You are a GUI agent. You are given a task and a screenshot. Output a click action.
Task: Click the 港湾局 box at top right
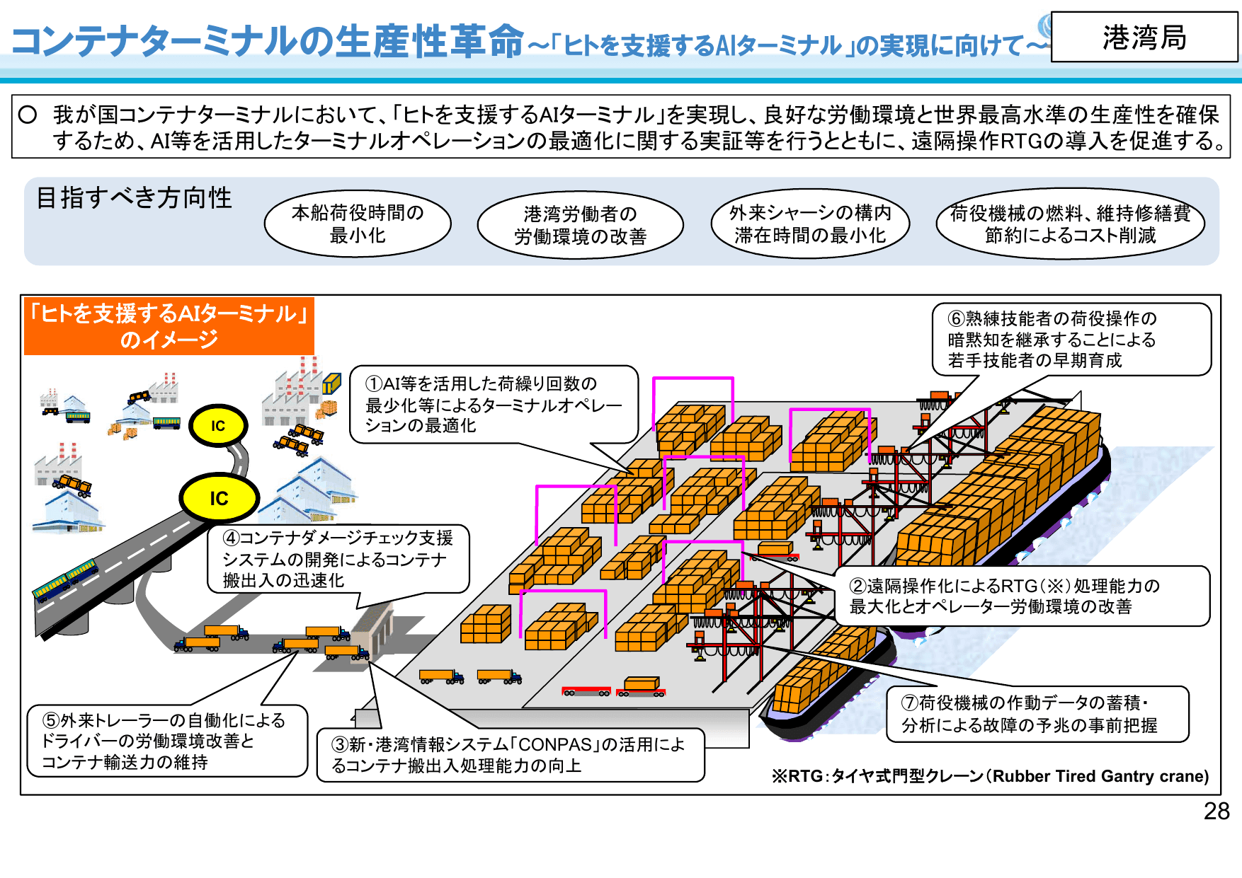1144,37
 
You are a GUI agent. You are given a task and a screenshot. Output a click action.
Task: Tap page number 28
1216,811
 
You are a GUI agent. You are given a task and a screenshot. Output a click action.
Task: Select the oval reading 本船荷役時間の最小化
358,224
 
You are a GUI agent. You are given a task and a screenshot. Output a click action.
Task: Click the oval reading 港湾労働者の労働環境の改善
580,225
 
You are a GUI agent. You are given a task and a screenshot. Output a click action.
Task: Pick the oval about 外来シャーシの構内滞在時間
809,224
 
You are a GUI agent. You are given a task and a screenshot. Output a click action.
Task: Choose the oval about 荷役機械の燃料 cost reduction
1070,224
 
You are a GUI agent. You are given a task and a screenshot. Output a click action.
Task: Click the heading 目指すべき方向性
134,198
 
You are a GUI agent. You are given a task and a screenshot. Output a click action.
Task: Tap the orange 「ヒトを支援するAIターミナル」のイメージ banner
169,326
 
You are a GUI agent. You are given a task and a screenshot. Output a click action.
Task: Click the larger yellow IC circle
219,498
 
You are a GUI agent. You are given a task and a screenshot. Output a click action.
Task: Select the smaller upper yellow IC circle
217,426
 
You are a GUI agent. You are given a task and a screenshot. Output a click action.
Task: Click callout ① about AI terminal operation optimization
493,405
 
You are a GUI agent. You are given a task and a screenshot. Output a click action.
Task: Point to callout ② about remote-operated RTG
1021,596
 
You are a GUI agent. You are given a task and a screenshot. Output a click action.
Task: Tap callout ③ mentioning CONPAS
510,755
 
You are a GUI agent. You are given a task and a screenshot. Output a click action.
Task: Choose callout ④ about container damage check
338,559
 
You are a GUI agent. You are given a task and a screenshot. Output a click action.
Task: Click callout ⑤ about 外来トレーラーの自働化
166,741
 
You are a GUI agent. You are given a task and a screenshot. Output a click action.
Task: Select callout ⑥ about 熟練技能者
1069,340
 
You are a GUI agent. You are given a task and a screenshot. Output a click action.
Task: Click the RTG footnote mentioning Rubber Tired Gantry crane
990,776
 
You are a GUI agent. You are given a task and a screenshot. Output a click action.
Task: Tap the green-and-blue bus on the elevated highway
65,580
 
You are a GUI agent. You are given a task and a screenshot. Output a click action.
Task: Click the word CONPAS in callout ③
554,745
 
